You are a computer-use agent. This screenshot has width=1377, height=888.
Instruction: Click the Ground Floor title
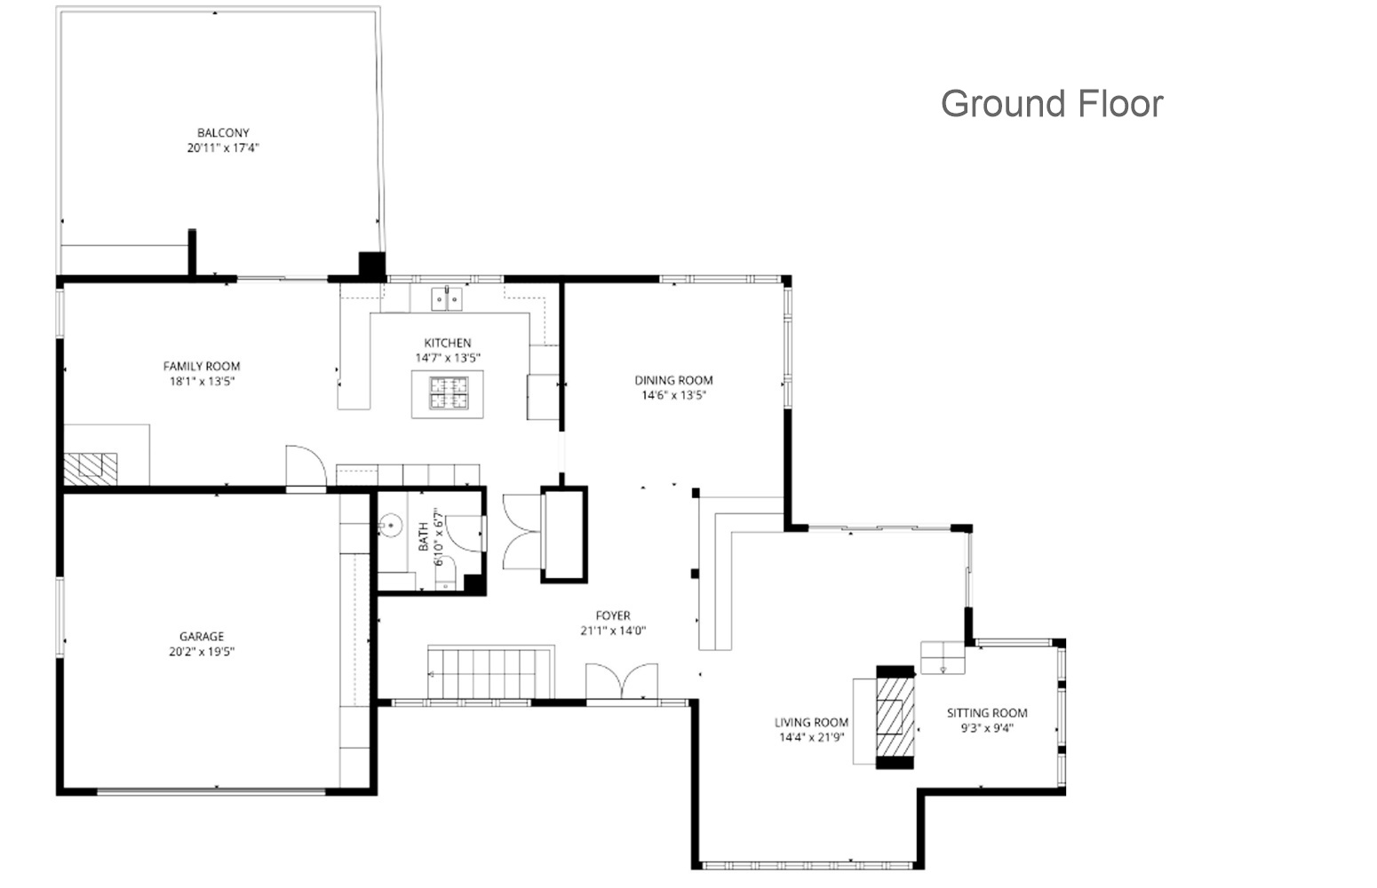[1052, 104]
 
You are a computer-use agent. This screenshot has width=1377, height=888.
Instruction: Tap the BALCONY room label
[223, 132]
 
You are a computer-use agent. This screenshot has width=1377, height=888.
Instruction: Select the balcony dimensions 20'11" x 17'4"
[223, 148]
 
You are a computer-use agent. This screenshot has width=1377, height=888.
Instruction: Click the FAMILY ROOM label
[202, 366]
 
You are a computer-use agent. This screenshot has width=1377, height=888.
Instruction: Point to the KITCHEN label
[448, 343]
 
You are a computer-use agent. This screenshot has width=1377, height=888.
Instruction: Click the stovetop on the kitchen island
[449, 393]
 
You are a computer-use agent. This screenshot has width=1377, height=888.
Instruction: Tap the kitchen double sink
[447, 299]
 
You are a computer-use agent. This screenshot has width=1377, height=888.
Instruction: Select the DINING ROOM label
[673, 380]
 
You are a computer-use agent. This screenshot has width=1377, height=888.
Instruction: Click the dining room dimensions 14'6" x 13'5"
[673, 395]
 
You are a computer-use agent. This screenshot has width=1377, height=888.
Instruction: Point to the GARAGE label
[202, 637]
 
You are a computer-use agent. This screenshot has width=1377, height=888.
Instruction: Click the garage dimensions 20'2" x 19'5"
[202, 652]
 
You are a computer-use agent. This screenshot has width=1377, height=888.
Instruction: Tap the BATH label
[424, 536]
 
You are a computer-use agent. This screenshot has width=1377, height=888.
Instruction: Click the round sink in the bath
[390, 526]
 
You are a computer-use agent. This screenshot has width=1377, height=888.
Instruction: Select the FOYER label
[613, 615]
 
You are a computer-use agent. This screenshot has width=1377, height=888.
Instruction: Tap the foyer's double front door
[622, 681]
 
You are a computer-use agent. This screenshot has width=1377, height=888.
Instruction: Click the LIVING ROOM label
[811, 723]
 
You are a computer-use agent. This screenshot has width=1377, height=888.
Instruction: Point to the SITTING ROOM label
[987, 713]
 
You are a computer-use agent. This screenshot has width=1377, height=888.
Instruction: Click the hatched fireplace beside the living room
[895, 718]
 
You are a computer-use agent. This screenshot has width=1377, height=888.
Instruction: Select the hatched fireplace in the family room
[91, 469]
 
